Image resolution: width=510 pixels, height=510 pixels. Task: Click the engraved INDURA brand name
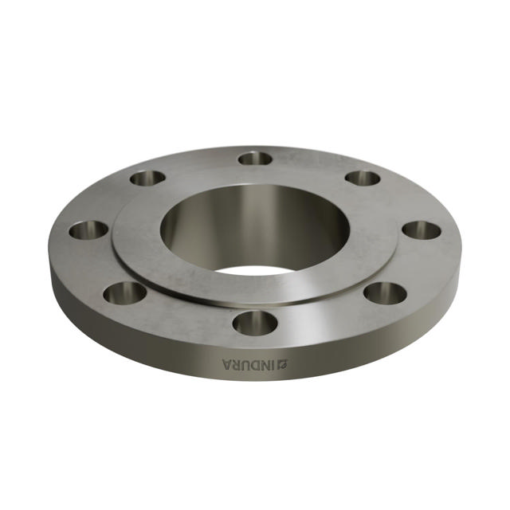click(252, 364)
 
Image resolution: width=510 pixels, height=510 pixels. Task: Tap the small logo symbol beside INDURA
click(286, 364)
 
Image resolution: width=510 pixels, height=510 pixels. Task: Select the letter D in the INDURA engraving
click(258, 365)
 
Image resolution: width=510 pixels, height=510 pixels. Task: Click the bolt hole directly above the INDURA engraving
click(255, 323)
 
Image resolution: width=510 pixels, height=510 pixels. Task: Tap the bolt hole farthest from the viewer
click(255, 158)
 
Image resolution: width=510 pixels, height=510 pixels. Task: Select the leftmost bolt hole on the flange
click(88, 230)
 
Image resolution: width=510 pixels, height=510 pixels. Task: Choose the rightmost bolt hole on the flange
click(421, 230)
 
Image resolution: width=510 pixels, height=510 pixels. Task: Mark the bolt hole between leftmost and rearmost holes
click(147, 178)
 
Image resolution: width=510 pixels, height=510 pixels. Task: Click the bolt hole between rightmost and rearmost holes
click(363, 178)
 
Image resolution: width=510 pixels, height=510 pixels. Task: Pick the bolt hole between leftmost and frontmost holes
click(125, 292)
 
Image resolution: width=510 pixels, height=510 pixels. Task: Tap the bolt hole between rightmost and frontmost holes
click(385, 292)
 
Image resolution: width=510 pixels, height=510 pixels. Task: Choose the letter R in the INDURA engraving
click(237, 364)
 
